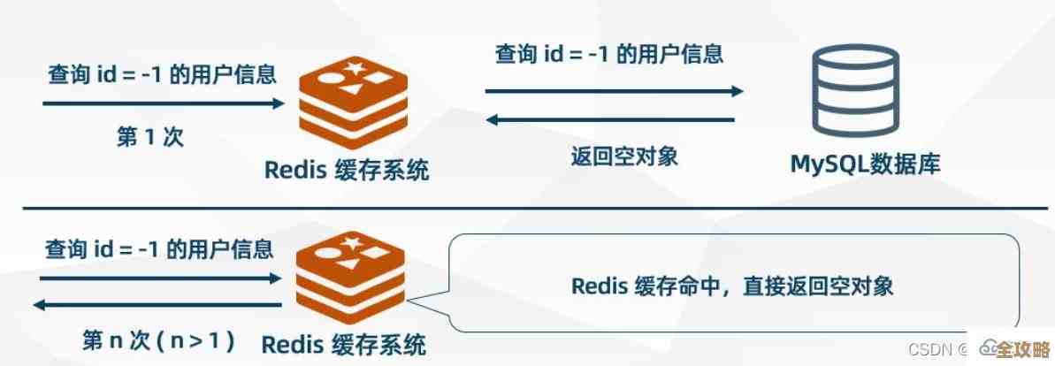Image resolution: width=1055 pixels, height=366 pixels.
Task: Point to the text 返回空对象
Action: pyautogui.click(x=623, y=157)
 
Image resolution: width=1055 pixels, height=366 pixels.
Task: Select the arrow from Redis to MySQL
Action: pyautogui.click(x=613, y=91)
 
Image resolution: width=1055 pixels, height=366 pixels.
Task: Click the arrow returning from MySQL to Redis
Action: pyautogui.click(x=613, y=119)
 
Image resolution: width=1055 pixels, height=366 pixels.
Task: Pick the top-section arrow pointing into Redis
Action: pyautogui.click(x=164, y=103)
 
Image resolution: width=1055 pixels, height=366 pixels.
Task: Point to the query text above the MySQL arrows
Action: pyautogui.click(x=608, y=55)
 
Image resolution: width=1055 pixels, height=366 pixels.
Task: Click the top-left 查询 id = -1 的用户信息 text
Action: pyautogui.click(x=162, y=73)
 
